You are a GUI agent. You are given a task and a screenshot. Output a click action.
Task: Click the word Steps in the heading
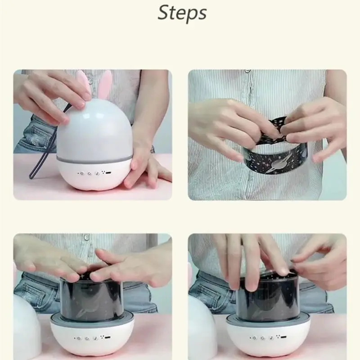(x=182, y=13)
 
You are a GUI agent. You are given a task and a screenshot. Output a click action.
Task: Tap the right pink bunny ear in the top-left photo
(x=105, y=85)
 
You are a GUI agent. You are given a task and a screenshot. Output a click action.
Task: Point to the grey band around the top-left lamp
(x=94, y=158)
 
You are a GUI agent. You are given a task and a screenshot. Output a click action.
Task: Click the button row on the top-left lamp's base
(x=94, y=173)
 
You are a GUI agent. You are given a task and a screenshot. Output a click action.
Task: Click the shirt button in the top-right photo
(x=247, y=71)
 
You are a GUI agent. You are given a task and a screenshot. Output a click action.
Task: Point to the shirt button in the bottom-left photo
(x=86, y=237)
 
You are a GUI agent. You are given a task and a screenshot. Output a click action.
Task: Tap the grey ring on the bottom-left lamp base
(x=92, y=319)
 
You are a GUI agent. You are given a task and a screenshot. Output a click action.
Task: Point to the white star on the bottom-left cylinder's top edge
(x=82, y=275)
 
